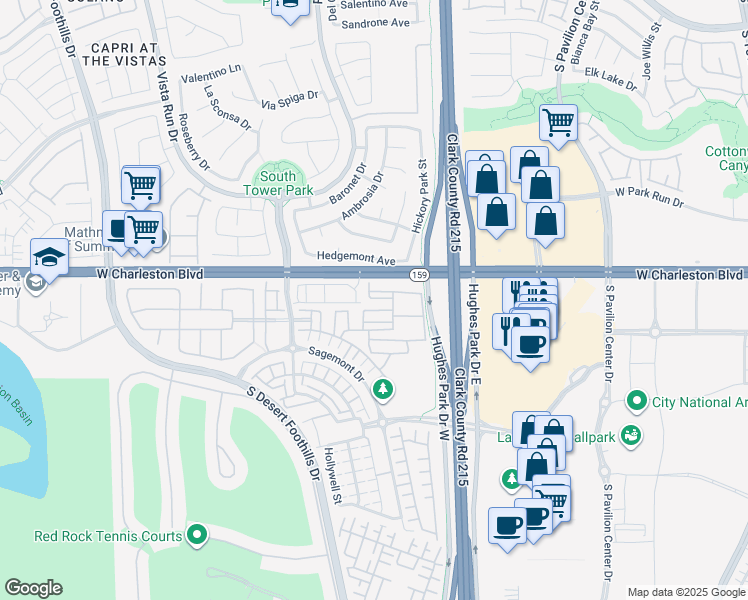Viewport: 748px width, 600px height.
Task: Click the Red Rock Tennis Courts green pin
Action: (x=197, y=536)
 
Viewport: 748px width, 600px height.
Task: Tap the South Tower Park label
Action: (x=279, y=183)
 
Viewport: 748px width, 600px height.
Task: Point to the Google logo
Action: (x=33, y=588)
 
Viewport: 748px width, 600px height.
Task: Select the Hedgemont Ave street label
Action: (x=356, y=258)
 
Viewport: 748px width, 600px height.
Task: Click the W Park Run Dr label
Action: (x=649, y=196)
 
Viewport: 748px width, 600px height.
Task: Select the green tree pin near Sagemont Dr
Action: (x=381, y=389)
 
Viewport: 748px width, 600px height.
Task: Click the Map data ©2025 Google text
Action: (x=686, y=592)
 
